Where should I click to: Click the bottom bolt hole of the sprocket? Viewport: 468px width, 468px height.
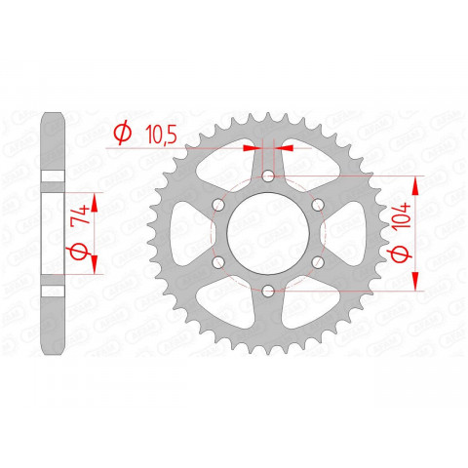click(x=268, y=290)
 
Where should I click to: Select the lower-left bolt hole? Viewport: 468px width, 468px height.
click(x=218, y=261)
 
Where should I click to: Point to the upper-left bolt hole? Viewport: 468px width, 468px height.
click(x=218, y=204)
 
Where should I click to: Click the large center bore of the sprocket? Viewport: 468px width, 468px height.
click(x=268, y=233)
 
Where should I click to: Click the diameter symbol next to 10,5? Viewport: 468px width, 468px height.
click(x=123, y=132)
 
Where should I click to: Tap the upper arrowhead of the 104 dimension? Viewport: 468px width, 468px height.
click(x=419, y=185)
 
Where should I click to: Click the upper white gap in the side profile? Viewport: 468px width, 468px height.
click(x=54, y=176)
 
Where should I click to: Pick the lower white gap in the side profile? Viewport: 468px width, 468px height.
click(x=54, y=290)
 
